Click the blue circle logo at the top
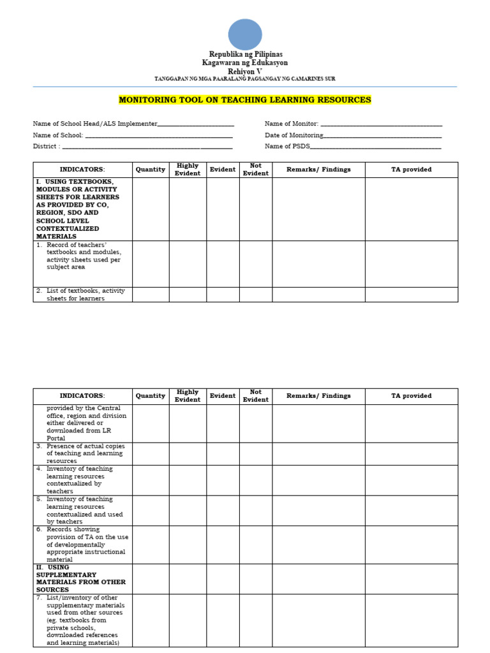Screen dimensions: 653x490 [245, 34]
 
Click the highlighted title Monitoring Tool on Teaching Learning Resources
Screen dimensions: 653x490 [245, 100]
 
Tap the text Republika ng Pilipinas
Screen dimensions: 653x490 [246, 54]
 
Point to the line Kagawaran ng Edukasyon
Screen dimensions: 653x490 [245, 62]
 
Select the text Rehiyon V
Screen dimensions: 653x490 [245, 71]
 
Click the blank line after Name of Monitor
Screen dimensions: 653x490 [381, 124]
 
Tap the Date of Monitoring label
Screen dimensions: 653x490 [294, 135]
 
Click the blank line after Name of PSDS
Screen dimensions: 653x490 [376, 147]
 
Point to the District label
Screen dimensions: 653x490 [47, 147]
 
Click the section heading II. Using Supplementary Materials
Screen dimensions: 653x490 [81, 578]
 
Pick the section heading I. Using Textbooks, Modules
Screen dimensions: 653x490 [77, 209]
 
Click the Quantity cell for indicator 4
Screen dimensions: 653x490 [151, 480]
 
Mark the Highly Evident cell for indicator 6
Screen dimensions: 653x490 [188, 545]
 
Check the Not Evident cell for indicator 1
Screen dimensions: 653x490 [256, 263]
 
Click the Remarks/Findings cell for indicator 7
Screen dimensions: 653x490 [318, 620]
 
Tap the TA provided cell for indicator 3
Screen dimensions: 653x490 [411, 453]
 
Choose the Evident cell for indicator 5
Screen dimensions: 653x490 [223, 510]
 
